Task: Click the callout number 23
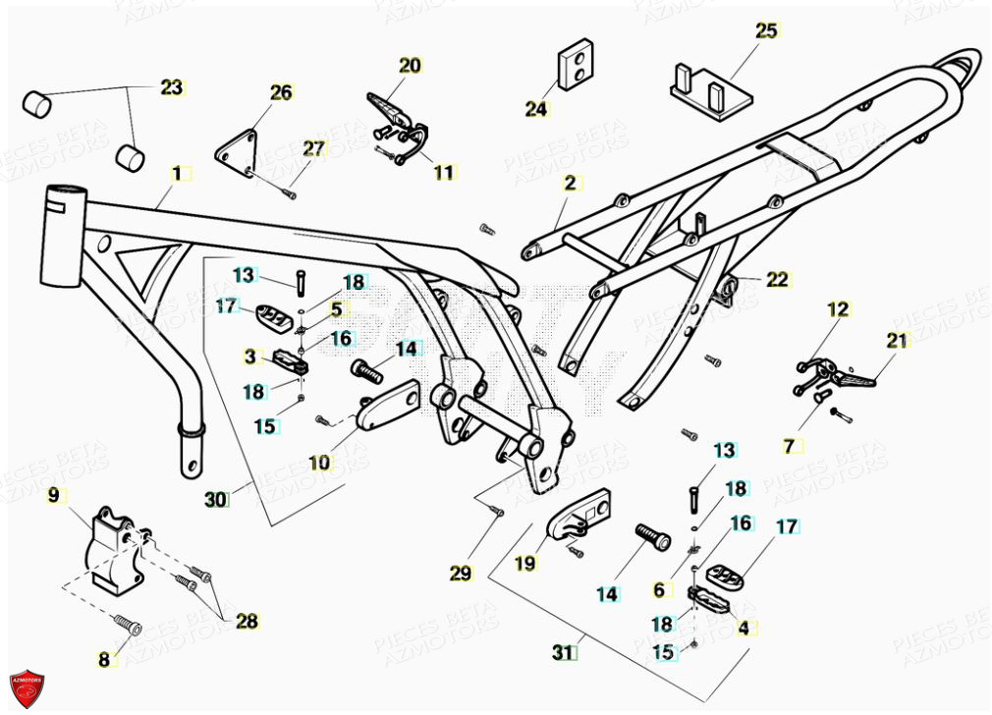click(172, 87)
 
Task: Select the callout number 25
click(766, 30)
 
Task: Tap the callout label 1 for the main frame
click(177, 174)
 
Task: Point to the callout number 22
click(777, 280)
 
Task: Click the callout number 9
click(53, 495)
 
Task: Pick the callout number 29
click(461, 574)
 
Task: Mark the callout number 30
click(215, 500)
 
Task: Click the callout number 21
click(898, 341)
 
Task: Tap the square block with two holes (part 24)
click(578, 64)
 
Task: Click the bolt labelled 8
click(127, 625)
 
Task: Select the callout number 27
click(312, 149)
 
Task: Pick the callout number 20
click(410, 66)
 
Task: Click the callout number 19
click(525, 564)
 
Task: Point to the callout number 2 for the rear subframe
click(570, 183)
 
